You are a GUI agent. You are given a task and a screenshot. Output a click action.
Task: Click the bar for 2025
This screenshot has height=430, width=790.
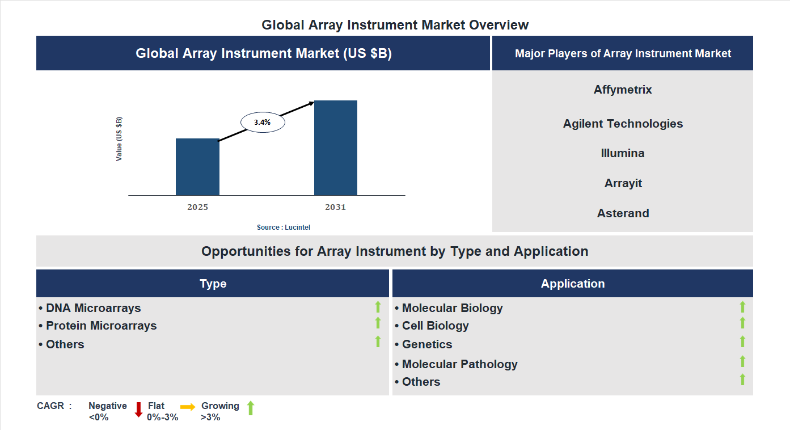(x=197, y=167)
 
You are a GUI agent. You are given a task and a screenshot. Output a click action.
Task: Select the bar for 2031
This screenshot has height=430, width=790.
(x=336, y=148)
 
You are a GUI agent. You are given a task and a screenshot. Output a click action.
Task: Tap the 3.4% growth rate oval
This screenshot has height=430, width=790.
(x=263, y=122)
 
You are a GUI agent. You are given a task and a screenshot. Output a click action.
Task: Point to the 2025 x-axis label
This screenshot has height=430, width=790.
(x=197, y=207)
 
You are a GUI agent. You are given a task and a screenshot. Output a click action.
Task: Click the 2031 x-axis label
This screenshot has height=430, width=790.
(x=335, y=207)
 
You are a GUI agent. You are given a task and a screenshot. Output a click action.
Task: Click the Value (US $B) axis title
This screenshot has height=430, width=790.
(x=119, y=139)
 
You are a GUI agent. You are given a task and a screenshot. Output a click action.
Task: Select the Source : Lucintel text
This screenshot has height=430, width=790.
(x=284, y=227)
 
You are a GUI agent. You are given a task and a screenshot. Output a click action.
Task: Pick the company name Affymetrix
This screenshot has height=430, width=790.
(x=623, y=90)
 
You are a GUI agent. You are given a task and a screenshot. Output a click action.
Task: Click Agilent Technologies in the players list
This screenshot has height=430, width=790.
(x=623, y=124)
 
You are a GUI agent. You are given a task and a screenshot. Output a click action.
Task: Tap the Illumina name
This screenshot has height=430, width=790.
(x=623, y=153)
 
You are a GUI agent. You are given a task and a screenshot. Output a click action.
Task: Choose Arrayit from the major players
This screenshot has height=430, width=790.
(x=623, y=183)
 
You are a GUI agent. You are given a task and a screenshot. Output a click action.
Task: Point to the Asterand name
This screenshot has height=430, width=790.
(x=623, y=213)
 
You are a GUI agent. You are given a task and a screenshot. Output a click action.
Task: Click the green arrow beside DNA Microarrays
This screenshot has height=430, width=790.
(x=378, y=307)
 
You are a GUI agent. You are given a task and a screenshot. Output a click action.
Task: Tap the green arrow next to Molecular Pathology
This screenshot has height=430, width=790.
(x=742, y=361)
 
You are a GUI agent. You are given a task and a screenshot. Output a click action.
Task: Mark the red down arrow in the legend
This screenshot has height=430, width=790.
(x=138, y=410)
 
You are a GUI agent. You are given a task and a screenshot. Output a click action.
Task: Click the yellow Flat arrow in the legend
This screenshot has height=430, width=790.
(x=188, y=407)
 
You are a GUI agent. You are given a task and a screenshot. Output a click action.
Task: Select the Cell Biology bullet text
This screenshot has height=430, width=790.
(x=435, y=326)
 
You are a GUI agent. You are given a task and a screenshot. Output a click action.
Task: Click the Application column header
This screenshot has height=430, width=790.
(x=572, y=284)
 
